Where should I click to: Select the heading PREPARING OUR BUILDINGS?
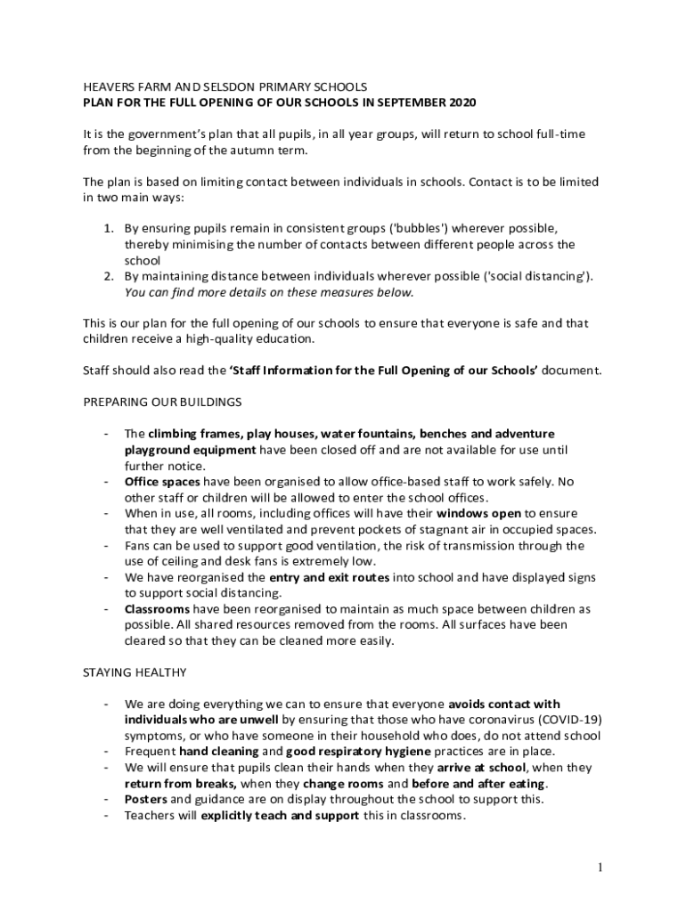coord(162,402)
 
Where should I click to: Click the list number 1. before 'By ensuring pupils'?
coord(110,229)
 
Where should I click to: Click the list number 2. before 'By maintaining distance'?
coord(110,276)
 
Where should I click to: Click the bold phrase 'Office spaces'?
coord(162,482)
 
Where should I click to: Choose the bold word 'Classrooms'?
coord(157,609)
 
